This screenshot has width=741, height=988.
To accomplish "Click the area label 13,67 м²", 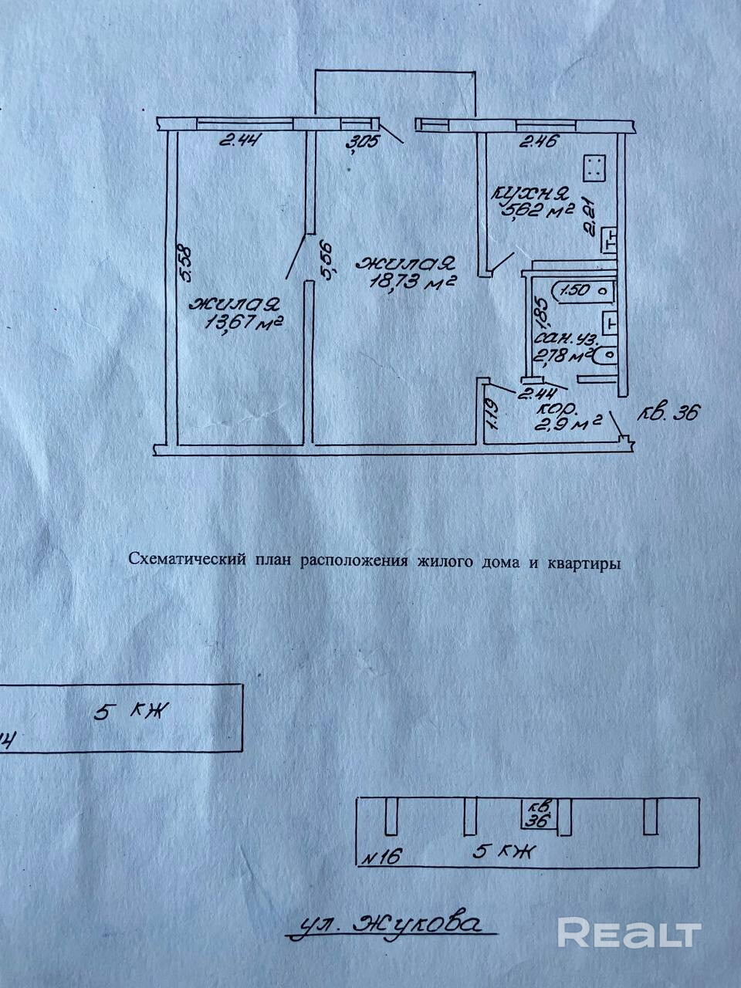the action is tap(242, 322).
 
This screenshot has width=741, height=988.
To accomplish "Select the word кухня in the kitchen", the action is tap(532, 192).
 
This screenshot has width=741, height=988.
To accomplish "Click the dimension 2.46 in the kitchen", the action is tap(538, 142).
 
